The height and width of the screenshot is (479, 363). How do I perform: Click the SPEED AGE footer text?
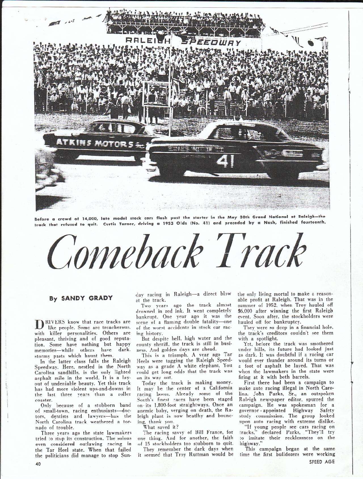coord(322,461)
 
